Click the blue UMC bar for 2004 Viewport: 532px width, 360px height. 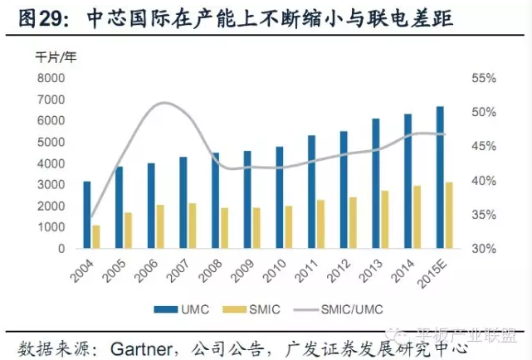tap(86, 214)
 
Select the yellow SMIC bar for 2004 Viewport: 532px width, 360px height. tap(96, 236)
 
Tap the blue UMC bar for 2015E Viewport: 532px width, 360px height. tap(440, 177)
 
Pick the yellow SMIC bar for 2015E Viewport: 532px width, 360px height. tap(449, 215)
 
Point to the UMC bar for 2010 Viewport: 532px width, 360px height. tap(280, 197)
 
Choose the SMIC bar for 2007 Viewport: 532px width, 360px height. tap(193, 226)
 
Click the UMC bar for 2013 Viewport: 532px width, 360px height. tap(375, 183)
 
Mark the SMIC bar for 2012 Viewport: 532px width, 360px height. tap(353, 222)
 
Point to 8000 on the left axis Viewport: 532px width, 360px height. tap(51, 78)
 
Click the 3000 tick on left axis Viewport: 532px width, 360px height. tap(51, 184)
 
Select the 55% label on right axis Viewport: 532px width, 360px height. tap(483, 78)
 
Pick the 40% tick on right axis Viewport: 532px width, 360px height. tap(483, 181)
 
